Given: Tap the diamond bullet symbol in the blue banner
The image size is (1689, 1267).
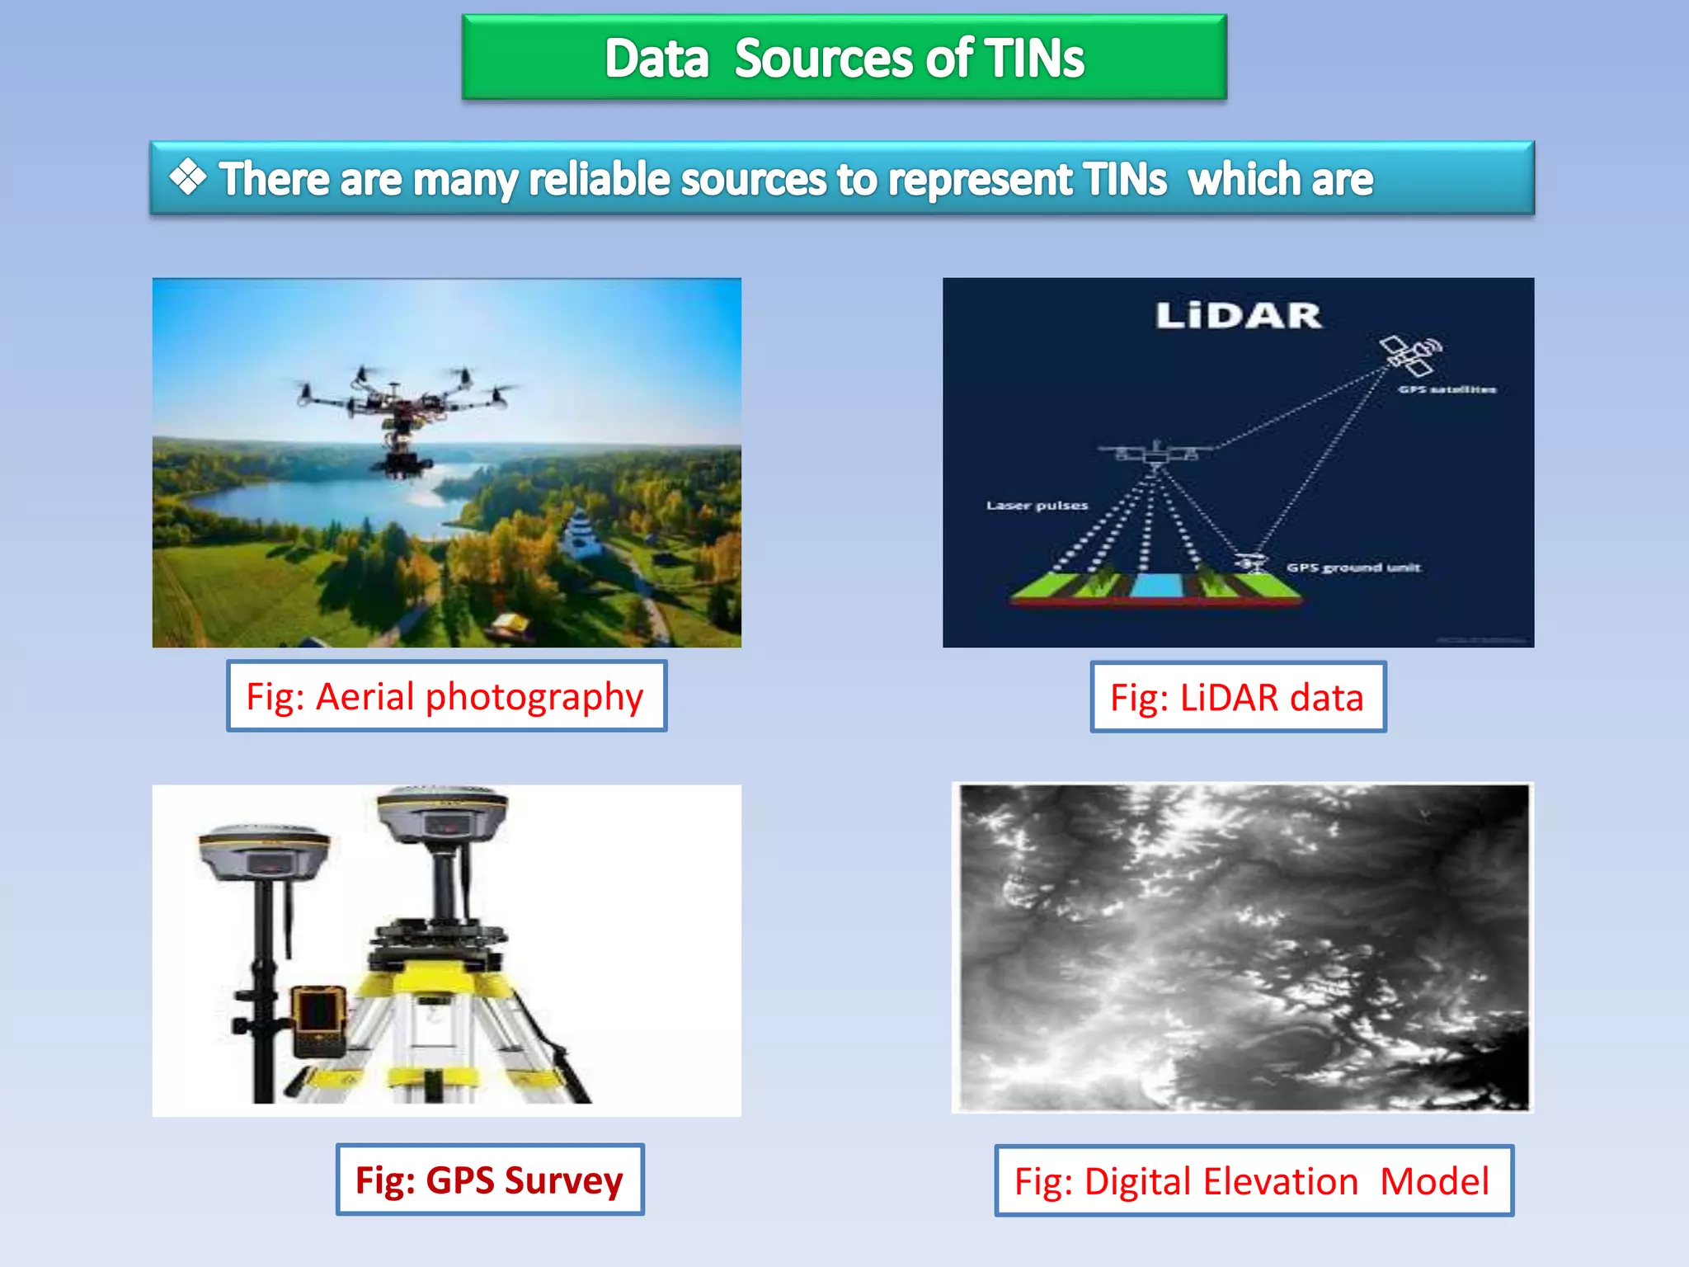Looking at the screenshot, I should coord(188,177).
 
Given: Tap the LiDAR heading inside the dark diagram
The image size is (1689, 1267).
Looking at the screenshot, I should coord(1238,316).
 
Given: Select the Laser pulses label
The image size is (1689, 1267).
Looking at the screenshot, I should coord(1037,506).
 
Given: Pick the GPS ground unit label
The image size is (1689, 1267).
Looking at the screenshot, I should coord(1353,568).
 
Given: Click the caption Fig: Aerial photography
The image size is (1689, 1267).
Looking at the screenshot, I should coord(445,696).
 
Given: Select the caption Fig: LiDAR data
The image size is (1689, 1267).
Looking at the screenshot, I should coord(1237,698).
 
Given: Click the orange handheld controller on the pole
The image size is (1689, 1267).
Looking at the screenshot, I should coord(319,1019).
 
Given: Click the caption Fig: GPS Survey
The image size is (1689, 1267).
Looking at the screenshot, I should coord(489,1180).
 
